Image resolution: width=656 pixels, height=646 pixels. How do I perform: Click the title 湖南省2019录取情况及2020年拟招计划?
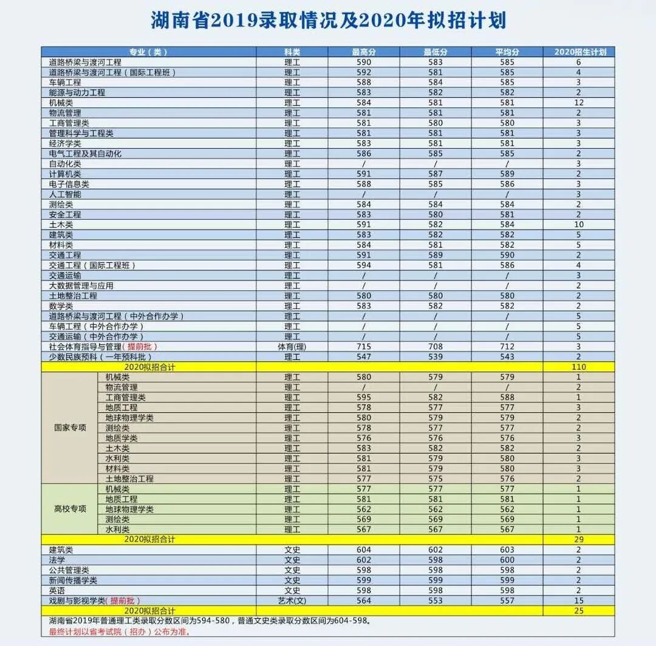328,21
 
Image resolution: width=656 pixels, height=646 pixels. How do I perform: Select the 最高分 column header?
364,52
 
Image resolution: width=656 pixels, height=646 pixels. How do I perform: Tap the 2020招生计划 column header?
578,52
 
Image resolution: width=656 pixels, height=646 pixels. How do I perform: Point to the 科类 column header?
292,52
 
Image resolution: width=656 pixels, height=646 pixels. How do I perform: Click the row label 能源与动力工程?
77,92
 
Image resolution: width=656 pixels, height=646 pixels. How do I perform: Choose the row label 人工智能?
65,194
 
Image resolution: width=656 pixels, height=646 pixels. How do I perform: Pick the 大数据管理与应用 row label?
81,285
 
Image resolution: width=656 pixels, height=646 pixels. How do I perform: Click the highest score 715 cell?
364,347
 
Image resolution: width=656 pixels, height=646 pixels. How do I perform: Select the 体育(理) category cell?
292,347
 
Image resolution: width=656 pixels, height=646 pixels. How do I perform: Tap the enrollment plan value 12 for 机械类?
578,103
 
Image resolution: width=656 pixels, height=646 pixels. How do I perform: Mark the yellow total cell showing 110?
578,367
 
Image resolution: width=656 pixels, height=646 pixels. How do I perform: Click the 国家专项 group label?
70,427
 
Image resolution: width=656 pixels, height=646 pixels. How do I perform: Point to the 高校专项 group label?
70,509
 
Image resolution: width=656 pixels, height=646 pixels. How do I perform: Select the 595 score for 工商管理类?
364,397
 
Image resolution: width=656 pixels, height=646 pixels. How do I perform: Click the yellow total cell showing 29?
578,539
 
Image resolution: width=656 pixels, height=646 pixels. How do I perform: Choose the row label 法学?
57,560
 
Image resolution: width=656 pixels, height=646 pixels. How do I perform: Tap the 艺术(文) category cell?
292,600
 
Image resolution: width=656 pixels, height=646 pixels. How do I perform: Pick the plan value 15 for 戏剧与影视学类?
578,600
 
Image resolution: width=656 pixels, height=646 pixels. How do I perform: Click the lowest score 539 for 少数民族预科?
436,356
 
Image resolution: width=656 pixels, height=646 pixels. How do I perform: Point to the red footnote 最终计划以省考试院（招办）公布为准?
119,631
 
